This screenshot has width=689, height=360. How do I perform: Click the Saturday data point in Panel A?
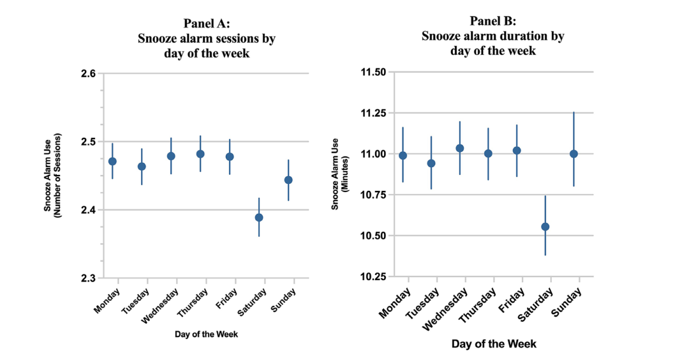[x=259, y=218]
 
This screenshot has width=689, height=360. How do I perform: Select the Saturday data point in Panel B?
[x=545, y=227]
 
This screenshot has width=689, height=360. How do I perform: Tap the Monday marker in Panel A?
[x=112, y=161]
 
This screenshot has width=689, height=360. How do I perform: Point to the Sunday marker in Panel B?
[x=574, y=154]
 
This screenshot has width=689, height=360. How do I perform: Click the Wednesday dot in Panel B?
[x=459, y=148]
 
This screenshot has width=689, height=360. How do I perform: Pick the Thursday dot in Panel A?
[x=200, y=154]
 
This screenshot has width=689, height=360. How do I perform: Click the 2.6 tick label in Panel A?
[x=88, y=73]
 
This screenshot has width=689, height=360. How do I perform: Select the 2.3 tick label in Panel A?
[x=88, y=278]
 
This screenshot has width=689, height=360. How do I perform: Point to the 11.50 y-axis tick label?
[x=374, y=72]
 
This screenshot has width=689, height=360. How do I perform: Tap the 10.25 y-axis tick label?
[x=374, y=277]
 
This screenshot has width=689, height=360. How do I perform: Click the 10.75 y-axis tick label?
[x=374, y=195]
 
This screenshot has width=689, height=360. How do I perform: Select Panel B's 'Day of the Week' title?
[x=494, y=344]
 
